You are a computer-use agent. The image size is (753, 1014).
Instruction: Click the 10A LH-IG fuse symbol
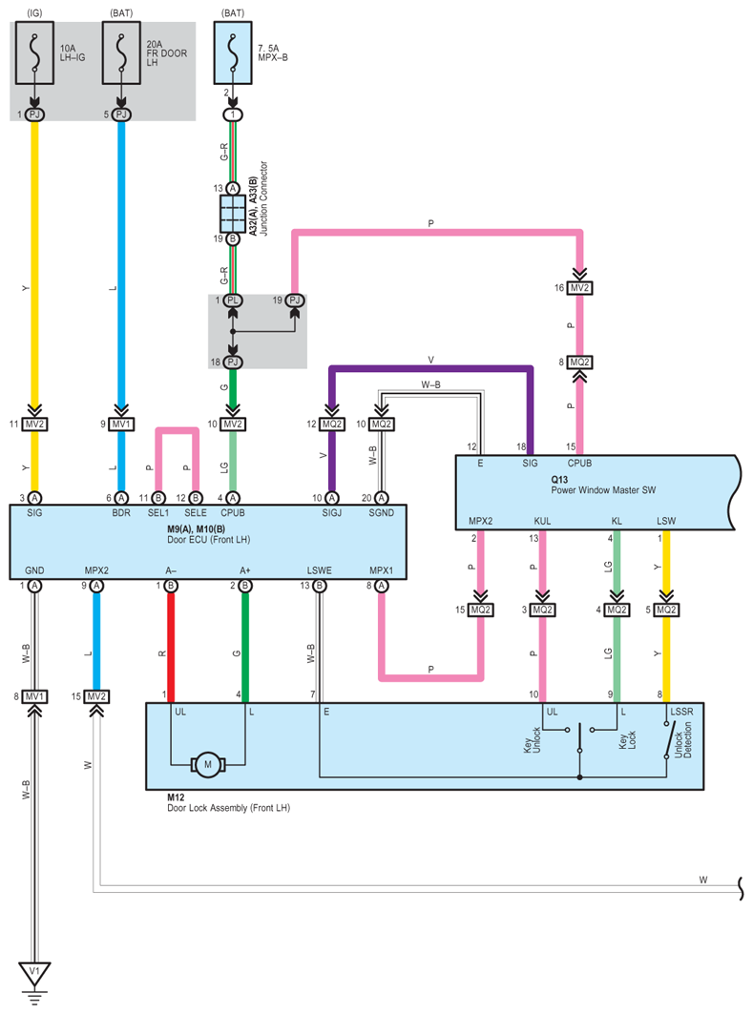click(x=34, y=53)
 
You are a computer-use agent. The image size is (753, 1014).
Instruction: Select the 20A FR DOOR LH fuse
click(x=121, y=53)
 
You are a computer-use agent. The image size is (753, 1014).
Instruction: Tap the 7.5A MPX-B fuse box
click(x=233, y=53)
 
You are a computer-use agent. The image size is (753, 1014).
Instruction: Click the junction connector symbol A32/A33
click(x=233, y=214)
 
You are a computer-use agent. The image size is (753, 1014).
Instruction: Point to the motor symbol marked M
click(x=208, y=764)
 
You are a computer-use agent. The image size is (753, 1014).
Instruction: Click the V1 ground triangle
click(x=34, y=973)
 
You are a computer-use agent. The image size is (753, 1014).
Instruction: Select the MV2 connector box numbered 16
click(x=579, y=288)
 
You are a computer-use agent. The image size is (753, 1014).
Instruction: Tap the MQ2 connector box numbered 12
click(x=332, y=424)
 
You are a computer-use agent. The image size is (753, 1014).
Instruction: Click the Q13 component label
click(x=559, y=479)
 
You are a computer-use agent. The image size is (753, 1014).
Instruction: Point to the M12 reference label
click(x=176, y=797)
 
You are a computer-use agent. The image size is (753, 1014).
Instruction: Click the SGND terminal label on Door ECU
click(x=381, y=513)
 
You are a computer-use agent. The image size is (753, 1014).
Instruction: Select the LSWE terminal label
click(x=319, y=570)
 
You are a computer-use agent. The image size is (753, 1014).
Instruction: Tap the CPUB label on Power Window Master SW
click(x=579, y=463)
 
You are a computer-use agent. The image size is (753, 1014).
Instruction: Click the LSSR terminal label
click(x=681, y=712)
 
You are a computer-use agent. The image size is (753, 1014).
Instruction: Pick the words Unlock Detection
click(x=682, y=740)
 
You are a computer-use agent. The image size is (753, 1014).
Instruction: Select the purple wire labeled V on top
click(x=430, y=369)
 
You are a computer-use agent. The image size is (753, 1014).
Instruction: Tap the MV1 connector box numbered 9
click(x=121, y=424)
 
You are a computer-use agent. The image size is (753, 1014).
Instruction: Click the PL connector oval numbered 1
click(x=233, y=300)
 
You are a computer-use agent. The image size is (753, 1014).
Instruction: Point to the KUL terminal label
click(x=542, y=521)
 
